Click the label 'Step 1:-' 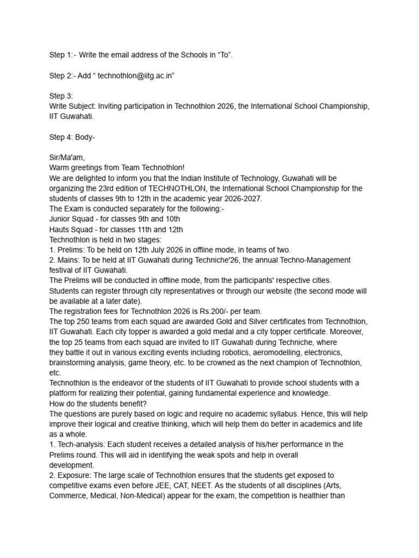click(x=63, y=55)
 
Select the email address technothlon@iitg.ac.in click(x=136, y=76)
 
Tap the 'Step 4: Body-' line click(x=72, y=137)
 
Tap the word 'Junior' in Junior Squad click(x=61, y=219)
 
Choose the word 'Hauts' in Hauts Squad click(x=59, y=229)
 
